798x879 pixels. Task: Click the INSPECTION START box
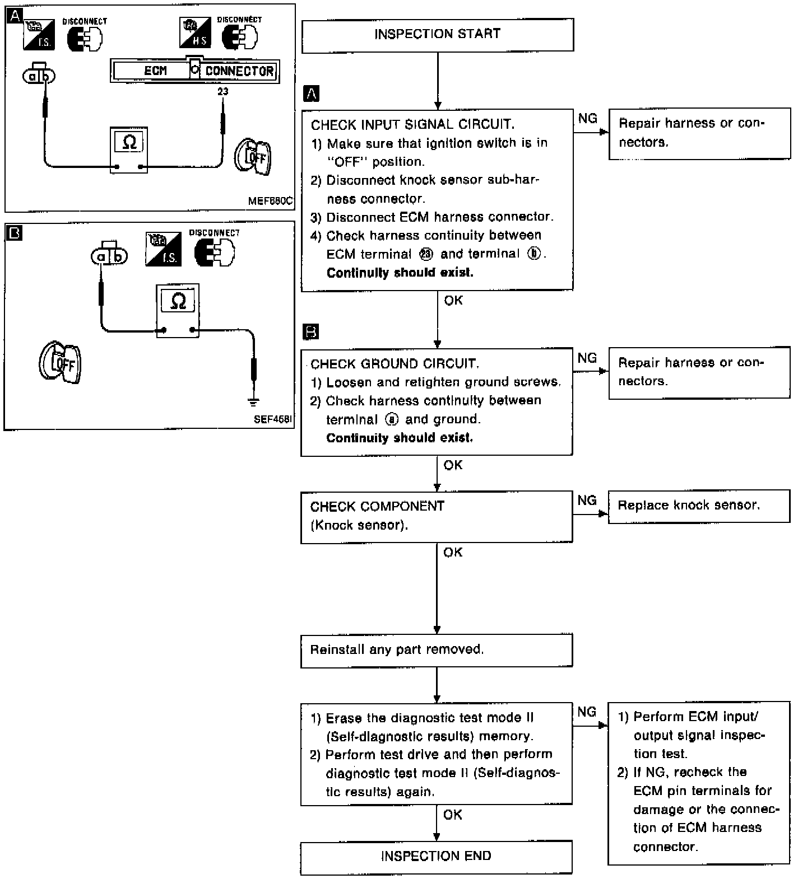tap(438, 35)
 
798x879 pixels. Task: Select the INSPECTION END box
tap(436, 857)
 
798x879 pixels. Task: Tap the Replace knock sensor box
tap(699, 506)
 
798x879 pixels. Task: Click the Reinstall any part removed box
tap(437, 650)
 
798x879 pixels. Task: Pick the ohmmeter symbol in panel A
tap(129, 149)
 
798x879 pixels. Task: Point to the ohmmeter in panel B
tap(178, 311)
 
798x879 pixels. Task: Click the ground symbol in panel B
tap(254, 401)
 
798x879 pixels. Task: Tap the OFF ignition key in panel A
tap(252, 156)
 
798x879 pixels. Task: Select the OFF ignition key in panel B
tap(60, 362)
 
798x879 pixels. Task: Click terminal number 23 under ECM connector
tap(222, 91)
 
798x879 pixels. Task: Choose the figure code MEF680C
tap(270, 200)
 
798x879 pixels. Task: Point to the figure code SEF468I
tap(273, 419)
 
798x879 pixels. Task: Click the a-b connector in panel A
tap(39, 74)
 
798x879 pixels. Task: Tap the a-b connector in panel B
tap(109, 255)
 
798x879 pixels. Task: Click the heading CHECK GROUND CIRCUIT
tap(395, 364)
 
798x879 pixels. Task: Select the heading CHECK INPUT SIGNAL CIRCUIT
tap(412, 124)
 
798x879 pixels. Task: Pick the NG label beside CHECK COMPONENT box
tap(587, 500)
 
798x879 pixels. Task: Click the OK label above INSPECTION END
tap(453, 815)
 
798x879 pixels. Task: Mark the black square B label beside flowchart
tap(310, 332)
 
